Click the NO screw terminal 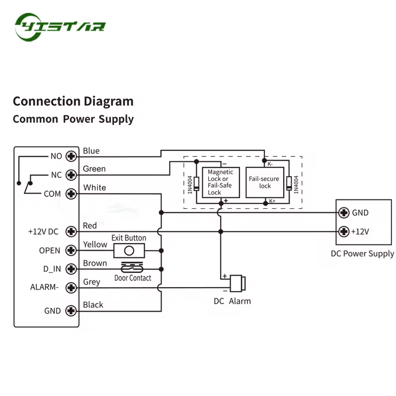(71, 156)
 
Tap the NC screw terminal (71, 175)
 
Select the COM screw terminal (71, 194)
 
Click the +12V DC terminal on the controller (71, 231)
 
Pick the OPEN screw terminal (71, 250)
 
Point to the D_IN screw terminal (71, 269)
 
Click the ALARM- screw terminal (71, 288)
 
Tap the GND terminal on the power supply (344, 213)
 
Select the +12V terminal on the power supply (344, 231)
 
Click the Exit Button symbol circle (129, 250)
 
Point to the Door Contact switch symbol (132, 267)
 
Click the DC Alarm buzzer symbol (238, 283)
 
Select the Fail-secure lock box (265, 182)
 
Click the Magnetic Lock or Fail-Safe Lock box (221, 182)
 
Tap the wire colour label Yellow (95, 245)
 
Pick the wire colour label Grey (92, 282)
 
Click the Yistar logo (60, 27)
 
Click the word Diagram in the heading (108, 101)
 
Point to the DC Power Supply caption (362, 254)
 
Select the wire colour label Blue (91, 151)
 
